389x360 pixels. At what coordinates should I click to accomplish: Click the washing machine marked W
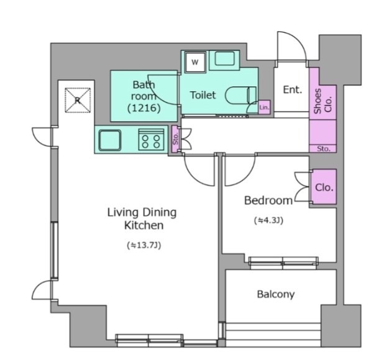(195, 62)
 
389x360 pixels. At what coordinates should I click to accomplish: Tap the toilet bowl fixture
(240, 95)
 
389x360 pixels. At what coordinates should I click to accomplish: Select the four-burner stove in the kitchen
(152, 140)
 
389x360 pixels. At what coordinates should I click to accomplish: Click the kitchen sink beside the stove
(110, 140)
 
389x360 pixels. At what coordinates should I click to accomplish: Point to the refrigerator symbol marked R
(78, 100)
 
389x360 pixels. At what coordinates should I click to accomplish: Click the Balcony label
(276, 294)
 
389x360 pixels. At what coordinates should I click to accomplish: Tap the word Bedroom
(268, 200)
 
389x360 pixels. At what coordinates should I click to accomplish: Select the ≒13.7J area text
(144, 245)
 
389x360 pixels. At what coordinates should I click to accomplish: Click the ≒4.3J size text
(268, 220)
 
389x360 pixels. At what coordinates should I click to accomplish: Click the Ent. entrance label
(293, 89)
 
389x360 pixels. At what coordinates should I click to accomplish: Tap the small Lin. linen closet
(264, 107)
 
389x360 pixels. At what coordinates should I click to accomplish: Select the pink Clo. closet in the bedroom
(324, 187)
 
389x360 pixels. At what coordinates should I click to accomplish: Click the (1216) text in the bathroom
(144, 108)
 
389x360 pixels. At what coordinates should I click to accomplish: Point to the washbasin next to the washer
(224, 60)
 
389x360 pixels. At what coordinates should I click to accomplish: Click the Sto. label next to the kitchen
(176, 139)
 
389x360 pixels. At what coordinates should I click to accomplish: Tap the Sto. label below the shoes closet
(324, 149)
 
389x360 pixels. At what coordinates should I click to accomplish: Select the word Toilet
(203, 95)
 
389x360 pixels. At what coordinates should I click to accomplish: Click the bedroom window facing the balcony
(283, 263)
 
